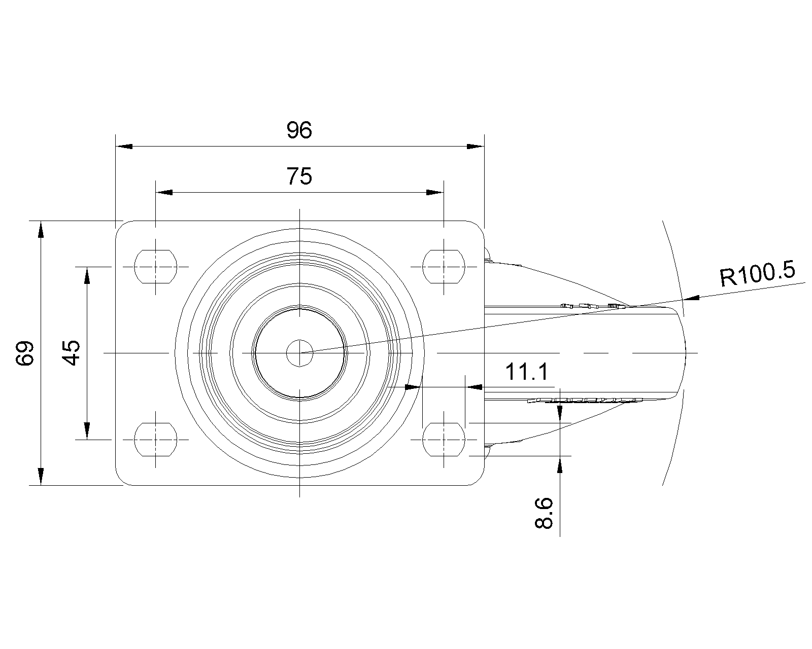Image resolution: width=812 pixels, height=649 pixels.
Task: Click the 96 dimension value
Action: point(299,130)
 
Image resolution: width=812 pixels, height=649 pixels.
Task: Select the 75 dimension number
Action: point(299,176)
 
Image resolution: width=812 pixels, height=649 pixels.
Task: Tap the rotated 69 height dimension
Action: point(25,353)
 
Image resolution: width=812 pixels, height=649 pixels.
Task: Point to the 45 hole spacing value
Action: point(71,353)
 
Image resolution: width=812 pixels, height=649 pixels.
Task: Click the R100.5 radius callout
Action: point(757,273)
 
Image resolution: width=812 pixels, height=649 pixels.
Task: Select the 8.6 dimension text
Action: point(544,513)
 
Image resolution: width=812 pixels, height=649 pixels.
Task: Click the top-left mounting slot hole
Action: point(155,267)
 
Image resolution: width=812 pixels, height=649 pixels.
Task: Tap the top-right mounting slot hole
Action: point(444,267)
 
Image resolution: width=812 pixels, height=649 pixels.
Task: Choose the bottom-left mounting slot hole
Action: point(155,440)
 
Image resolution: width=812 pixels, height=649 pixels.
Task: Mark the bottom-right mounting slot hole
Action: point(444,440)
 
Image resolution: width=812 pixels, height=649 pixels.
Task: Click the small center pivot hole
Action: point(299,353)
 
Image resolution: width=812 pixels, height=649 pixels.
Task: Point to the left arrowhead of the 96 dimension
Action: point(124,147)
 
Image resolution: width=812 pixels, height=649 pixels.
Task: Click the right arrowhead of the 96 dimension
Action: point(476,147)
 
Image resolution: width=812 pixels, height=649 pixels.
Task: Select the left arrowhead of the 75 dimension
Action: point(164,192)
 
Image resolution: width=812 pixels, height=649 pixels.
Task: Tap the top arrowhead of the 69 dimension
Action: point(41,230)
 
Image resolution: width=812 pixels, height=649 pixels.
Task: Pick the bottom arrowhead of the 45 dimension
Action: point(87,431)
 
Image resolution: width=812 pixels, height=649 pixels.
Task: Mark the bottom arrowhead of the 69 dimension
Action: point(41,477)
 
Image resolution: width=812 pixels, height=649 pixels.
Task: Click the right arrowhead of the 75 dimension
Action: point(435,192)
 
